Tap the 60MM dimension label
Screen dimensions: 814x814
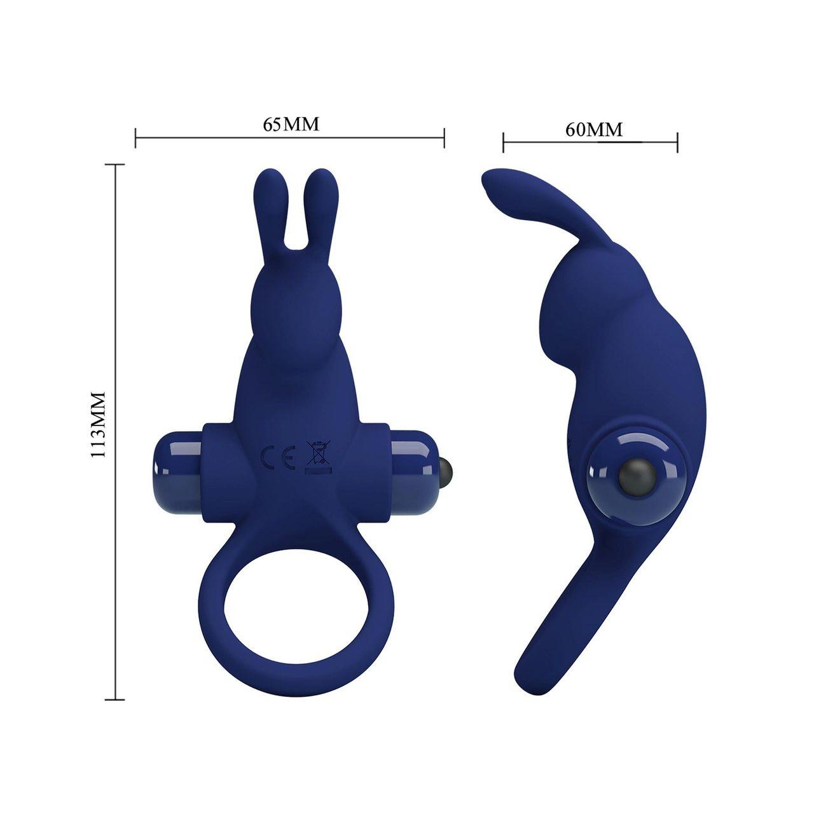click(594, 130)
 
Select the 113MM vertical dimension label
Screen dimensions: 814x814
click(98, 424)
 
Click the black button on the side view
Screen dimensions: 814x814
click(632, 478)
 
